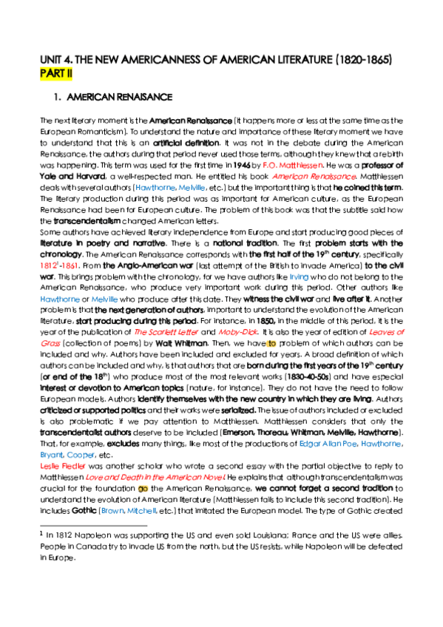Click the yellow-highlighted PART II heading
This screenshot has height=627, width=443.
[56, 74]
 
